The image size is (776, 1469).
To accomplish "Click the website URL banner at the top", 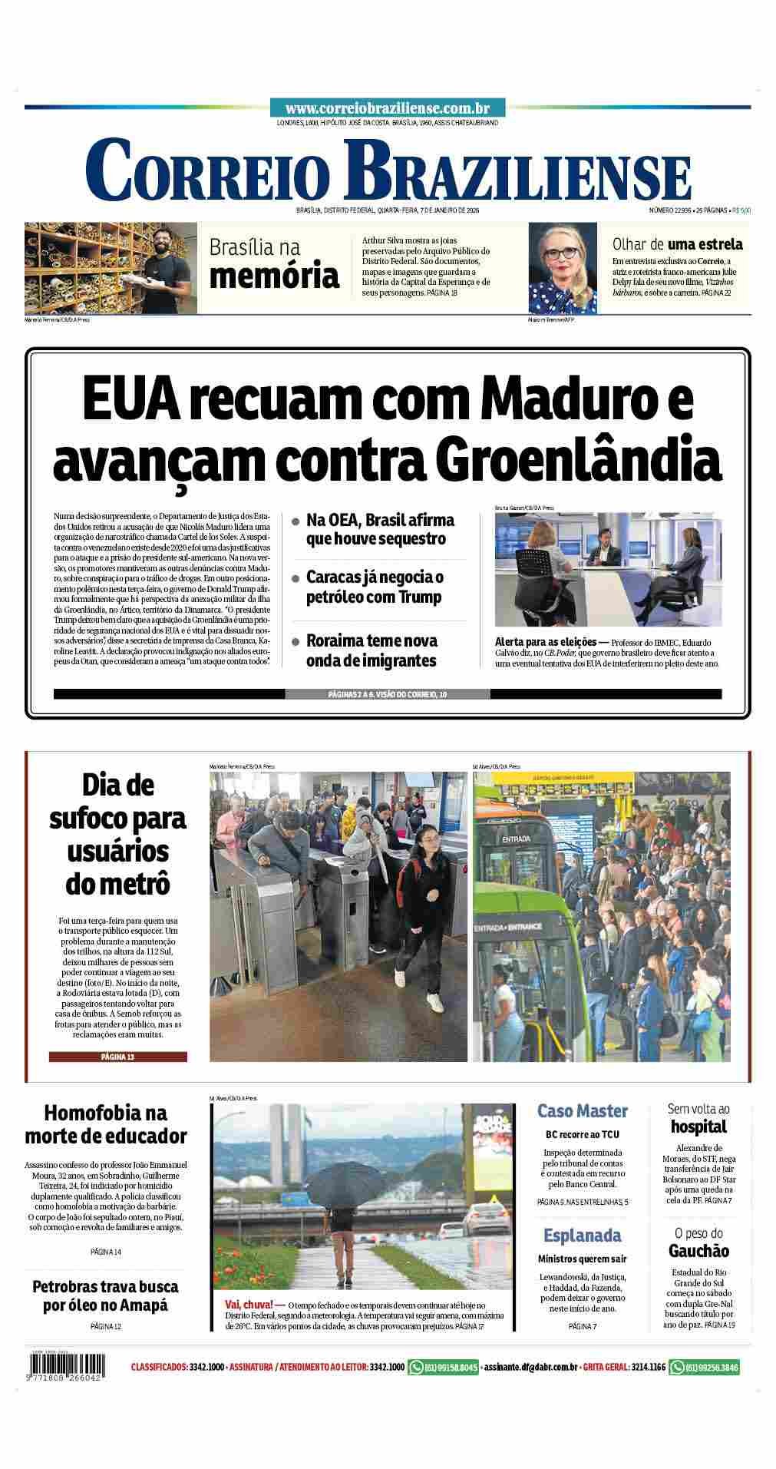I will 388,109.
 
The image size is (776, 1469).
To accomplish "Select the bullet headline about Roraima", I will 371,650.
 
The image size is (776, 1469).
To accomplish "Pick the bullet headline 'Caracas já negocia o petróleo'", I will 374,587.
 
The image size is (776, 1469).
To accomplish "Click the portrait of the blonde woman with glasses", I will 562,268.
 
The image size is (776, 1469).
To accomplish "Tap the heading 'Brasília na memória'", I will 273,263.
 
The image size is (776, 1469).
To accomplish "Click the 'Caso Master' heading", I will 582,1110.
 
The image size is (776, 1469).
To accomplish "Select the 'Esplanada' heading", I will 582,1235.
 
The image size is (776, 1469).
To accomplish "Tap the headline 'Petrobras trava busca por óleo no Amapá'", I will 105,1295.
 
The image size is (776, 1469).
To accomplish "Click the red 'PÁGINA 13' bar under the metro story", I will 117,1057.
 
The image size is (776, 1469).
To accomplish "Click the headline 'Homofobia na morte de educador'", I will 105,1123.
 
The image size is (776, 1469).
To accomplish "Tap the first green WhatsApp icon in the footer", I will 417,1367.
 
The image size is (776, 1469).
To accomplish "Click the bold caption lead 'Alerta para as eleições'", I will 541,641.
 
